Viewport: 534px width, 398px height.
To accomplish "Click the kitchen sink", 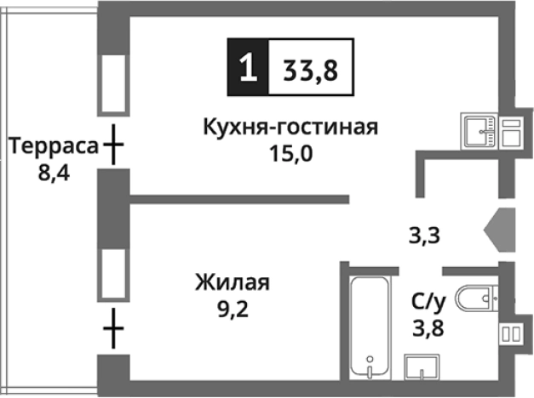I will tap(481, 130).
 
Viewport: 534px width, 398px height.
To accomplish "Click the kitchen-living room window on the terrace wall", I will tap(112, 83).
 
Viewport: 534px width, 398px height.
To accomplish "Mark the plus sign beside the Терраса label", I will tap(112, 147).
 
